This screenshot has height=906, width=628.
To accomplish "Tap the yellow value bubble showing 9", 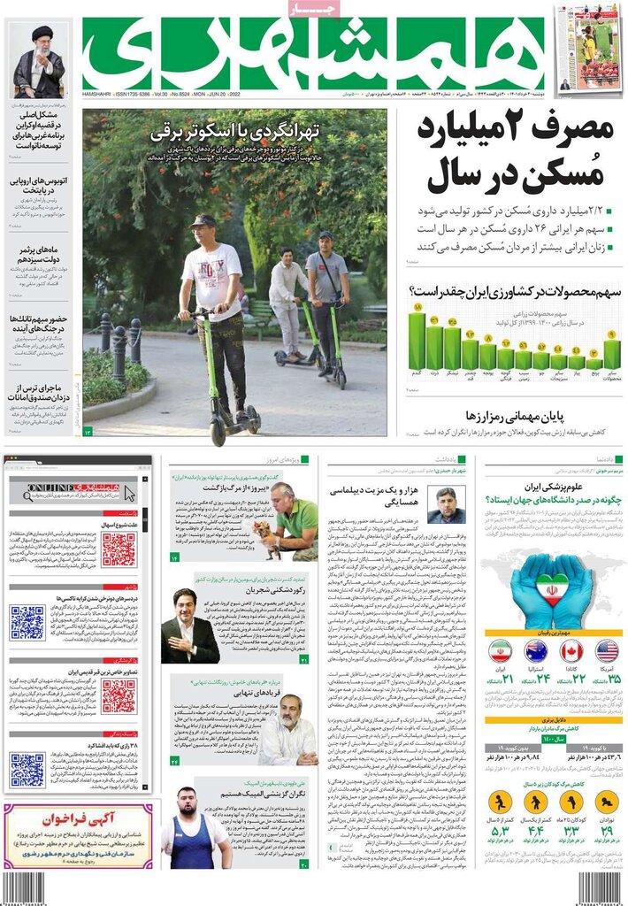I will pos(609,334).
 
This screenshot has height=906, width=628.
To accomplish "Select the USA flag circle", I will pos(607,651).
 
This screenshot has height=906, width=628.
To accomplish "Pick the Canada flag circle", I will pos(571,651).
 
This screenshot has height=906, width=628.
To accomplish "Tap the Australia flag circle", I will pos(536,651).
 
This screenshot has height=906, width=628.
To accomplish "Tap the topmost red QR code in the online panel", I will pos(118,549).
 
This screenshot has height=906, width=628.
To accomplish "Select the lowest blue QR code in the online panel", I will pos(27,769).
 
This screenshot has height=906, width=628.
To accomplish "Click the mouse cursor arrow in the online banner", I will pos(129,493).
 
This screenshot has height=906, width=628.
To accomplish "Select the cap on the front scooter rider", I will pos(203,220).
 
